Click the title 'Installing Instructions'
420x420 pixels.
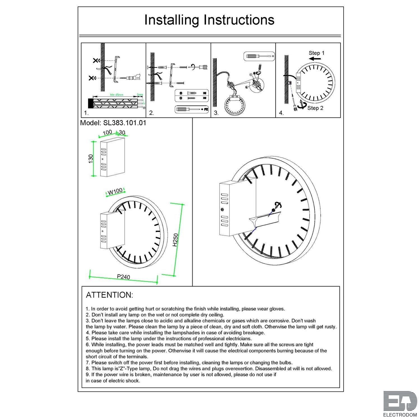[x=209, y=20]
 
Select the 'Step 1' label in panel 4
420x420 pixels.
[x=316, y=53]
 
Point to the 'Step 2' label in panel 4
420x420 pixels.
[x=315, y=108]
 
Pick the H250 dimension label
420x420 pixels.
[x=175, y=240]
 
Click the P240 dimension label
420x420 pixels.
[x=123, y=277]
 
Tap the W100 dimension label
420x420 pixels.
[x=115, y=191]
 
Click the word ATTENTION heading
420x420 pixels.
[x=109, y=295]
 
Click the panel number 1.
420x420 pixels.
[x=86, y=113]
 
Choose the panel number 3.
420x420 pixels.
[x=216, y=113]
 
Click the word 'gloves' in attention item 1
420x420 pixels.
[x=277, y=309]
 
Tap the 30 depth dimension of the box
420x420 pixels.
[x=122, y=132]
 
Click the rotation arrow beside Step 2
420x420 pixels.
[x=301, y=105]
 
